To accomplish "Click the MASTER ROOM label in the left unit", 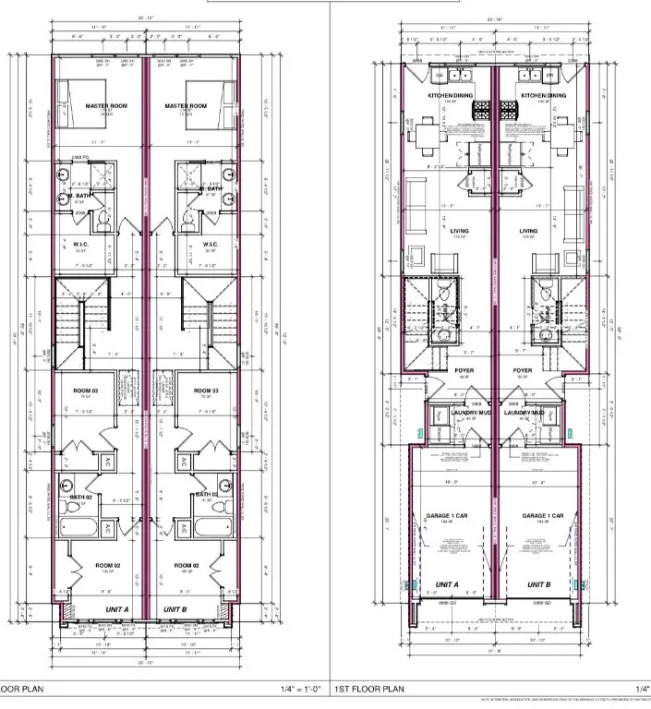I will pos(104,106).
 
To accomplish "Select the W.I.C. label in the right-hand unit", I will pos(210,245).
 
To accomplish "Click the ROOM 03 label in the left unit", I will pos(86,391).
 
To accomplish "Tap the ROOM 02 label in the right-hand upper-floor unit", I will pos(187,565).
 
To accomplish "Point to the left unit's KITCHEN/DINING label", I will pos(450,95).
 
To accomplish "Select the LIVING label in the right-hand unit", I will pos(528,232).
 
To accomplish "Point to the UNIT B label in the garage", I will pos(539,585).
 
